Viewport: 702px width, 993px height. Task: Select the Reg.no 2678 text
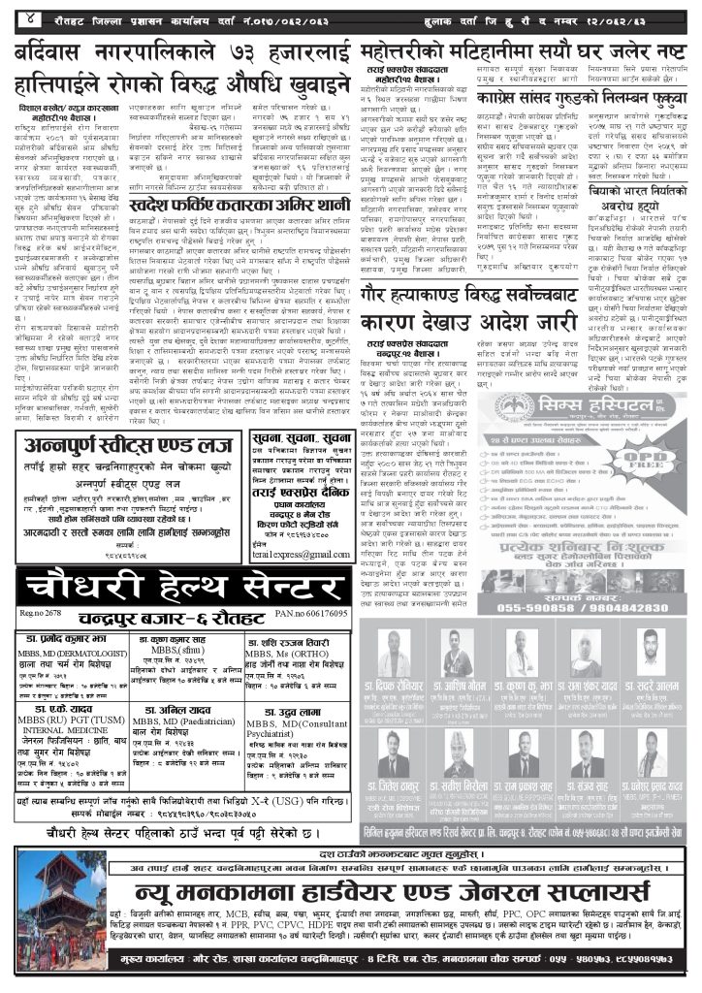pos(39,615)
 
